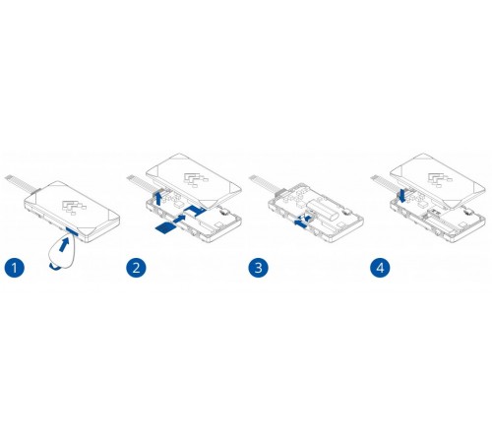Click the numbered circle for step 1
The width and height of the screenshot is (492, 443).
pyautogui.click(x=15, y=268)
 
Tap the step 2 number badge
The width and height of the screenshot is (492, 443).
pyautogui.click(x=136, y=268)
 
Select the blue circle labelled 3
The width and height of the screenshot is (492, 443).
pyautogui.click(x=258, y=268)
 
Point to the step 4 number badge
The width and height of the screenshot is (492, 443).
pyautogui.click(x=380, y=268)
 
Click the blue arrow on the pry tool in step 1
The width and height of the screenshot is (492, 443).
pyautogui.click(x=64, y=244)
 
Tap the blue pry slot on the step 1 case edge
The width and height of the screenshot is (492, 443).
pyautogui.click(x=72, y=231)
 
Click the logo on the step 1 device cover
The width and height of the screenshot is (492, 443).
pyautogui.click(x=74, y=208)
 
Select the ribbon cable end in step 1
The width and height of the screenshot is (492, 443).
pyautogui.click(x=8, y=178)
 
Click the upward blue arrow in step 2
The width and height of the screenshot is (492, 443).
pyautogui.click(x=158, y=199)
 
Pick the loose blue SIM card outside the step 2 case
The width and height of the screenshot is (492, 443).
pyautogui.click(x=165, y=228)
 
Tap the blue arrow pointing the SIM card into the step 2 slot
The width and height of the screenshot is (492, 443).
pyautogui.click(x=179, y=219)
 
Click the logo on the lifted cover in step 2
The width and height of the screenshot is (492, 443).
pyautogui.click(x=196, y=180)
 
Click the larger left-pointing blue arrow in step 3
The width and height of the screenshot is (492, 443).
pyautogui.click(x=301, y=223)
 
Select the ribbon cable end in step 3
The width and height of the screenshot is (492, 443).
pyautogui.click(x=252, y=178)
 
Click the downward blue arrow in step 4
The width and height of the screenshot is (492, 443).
pyautogui.click(x=402, y=195)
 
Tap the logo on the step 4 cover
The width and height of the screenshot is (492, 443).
pyautogui.click(x=440, y=180)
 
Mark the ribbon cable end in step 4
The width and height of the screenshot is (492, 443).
pyautogui.click(x=374, y=178)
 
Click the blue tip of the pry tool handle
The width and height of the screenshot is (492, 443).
pyautogui.click(x=55, y=267)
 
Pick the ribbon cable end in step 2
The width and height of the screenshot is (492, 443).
pyautogui.click(x=130, y=178)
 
